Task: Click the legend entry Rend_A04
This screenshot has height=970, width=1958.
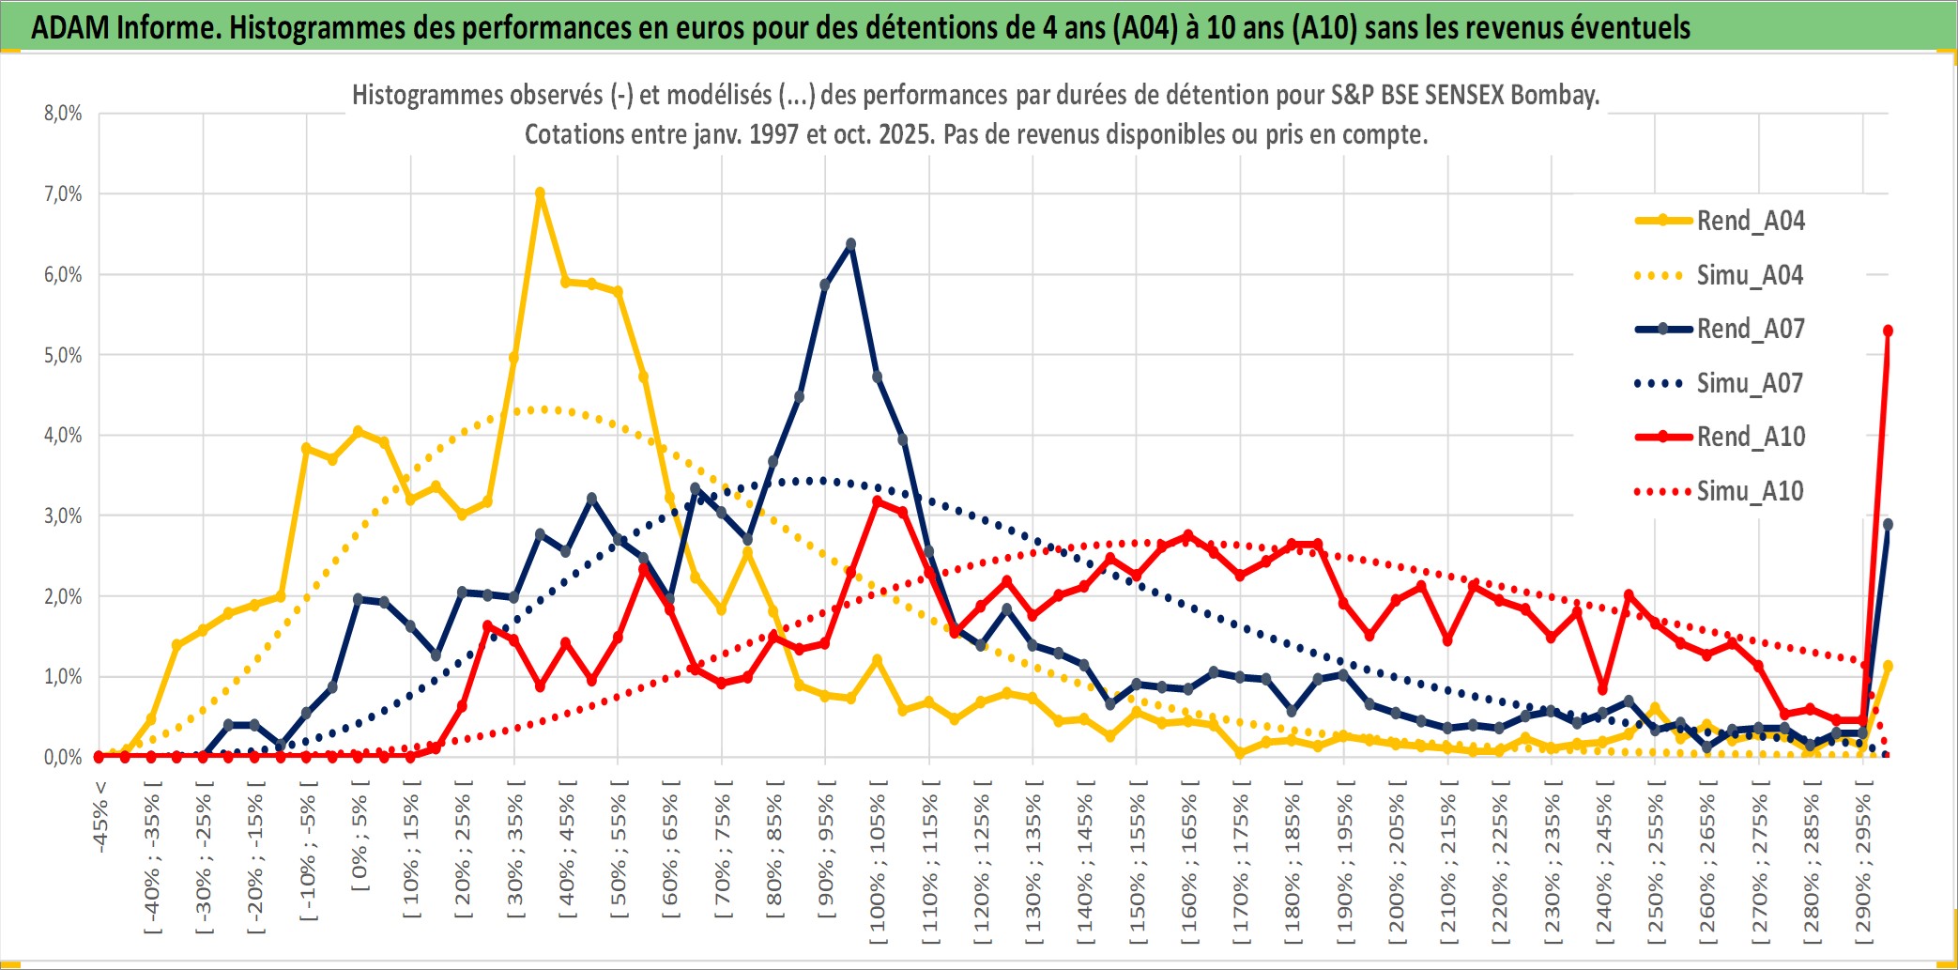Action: click(1750, 221)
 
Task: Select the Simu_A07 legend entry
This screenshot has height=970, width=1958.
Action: click(1750, 383)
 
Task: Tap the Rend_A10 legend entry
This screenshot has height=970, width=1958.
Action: click(1750, 437)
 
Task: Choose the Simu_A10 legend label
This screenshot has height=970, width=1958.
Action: click(1750, 491)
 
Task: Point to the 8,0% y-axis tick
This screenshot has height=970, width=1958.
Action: click(63, 114)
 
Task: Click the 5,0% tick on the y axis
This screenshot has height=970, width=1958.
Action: click(63, 355)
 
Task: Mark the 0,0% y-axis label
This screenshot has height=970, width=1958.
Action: click(63, 757)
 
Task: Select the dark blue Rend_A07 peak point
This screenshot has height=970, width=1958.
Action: click(850, 244)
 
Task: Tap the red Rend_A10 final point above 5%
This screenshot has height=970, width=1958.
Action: click(1888, 331)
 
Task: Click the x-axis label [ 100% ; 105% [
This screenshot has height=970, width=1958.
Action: click(878, 864)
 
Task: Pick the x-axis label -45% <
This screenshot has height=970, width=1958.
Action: click(100, 817)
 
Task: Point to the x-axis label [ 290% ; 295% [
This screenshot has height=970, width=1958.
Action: click(1863, 864)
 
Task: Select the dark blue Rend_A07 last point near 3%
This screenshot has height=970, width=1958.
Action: click(1888, 525)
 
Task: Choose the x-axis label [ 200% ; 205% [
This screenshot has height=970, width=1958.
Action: click(1397, 864)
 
